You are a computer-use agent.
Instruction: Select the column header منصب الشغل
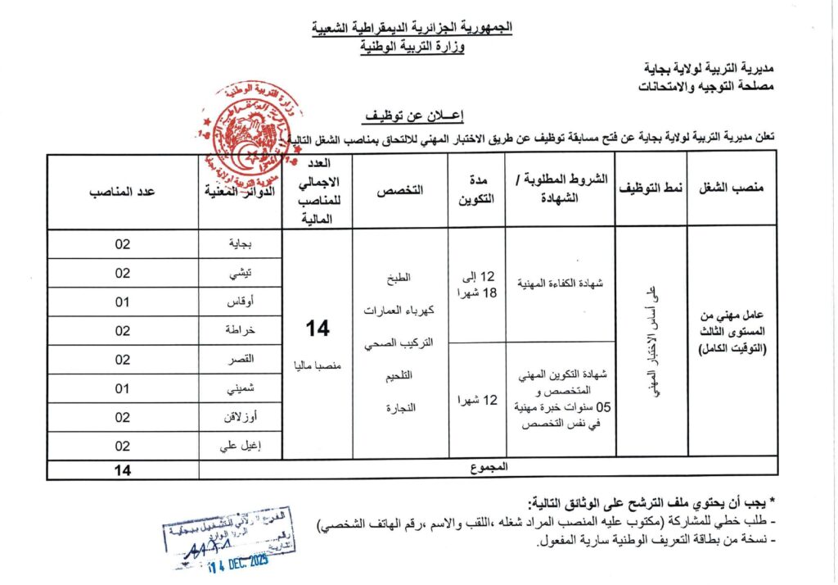coord(732,188)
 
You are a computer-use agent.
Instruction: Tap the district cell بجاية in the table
coord(240,244)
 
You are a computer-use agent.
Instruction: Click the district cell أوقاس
coord(240,302)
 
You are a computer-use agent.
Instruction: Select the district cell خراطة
coord(240,330)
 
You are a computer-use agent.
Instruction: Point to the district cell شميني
coord(240,388)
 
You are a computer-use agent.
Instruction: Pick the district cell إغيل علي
coord(240,446)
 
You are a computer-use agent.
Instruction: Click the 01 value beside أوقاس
coord(123,302)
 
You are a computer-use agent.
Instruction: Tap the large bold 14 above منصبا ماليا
coord(318,329)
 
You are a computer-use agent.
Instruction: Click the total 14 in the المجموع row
coord(123,469)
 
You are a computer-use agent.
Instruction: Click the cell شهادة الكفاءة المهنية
coord(560,283)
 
